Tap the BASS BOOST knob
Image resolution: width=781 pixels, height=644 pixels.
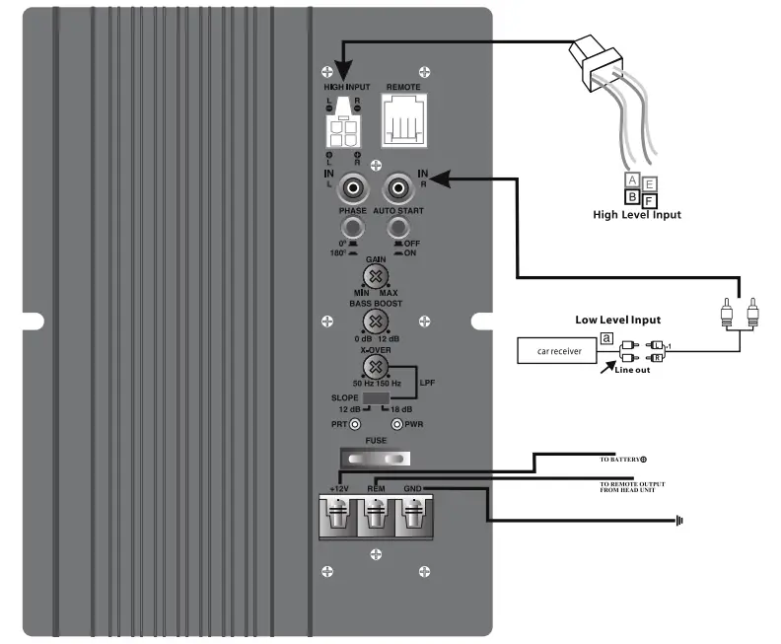coord(374,322)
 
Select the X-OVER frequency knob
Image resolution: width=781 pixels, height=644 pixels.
coord(374,367)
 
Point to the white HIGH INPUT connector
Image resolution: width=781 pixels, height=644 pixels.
coord(341,125)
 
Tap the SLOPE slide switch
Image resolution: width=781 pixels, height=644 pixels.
coord(375,398)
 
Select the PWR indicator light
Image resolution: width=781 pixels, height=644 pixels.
coord(397,424)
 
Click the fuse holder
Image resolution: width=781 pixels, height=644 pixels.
coord(375,459)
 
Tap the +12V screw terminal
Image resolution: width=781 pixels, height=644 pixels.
coord(338,516)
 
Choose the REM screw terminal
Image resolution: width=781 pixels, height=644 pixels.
coord(376,516)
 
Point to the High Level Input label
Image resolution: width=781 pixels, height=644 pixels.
coord(636,214)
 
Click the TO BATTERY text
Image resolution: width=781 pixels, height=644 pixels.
coord(622,460)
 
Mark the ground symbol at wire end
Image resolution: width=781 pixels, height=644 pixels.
coord(680,519)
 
